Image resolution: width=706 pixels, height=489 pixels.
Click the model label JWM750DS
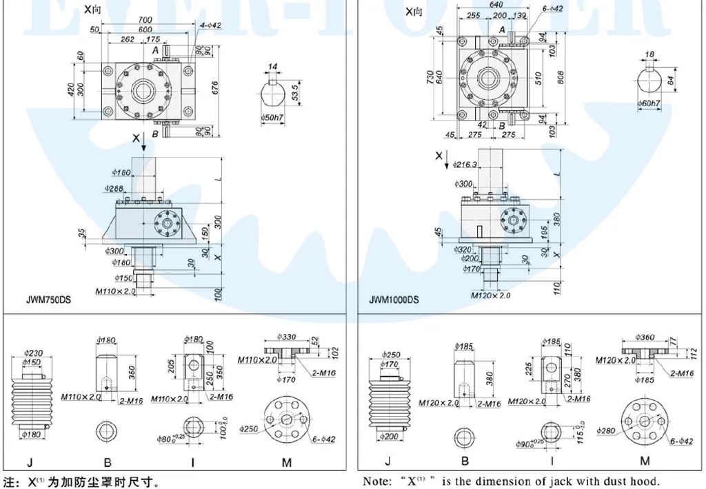point(48,300)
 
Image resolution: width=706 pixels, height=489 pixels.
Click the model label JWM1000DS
point(394,300)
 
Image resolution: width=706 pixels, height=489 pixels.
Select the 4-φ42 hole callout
point(209,26)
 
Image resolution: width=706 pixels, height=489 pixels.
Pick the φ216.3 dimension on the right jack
point(469,165)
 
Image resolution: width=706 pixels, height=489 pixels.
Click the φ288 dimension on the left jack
point(114,187)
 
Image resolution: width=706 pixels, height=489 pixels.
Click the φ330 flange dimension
point(288,337)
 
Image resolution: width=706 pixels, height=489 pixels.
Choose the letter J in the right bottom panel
point(387,461)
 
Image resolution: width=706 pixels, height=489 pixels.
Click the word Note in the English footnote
point(376,481)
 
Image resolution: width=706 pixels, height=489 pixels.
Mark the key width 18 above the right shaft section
point(649,54)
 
